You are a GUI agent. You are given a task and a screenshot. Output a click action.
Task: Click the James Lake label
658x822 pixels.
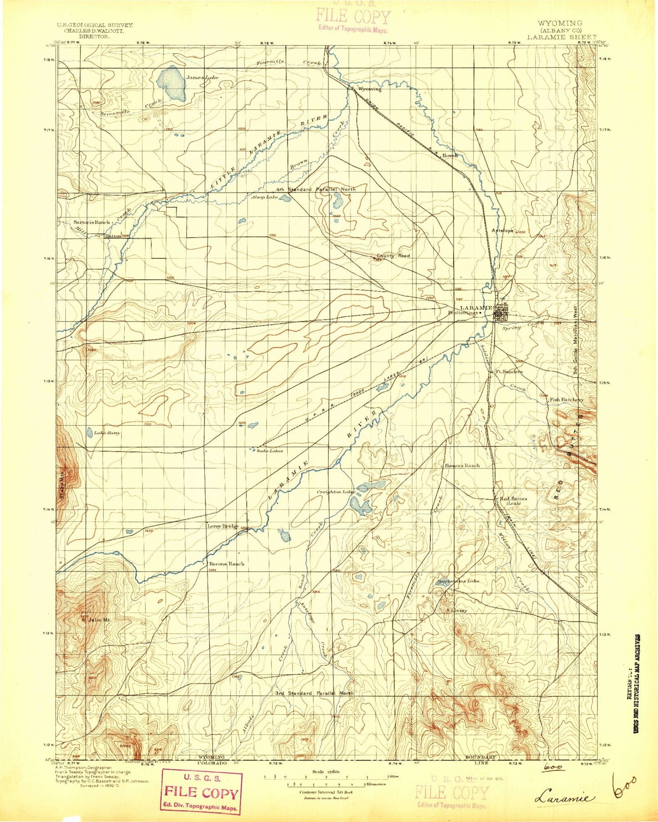[202, 78]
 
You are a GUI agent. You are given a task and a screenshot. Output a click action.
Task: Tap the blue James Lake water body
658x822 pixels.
[171, 83]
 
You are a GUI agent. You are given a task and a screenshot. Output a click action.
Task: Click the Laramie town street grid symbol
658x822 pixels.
[502, 312]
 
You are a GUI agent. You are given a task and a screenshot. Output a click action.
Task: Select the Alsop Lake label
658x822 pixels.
[265, 197]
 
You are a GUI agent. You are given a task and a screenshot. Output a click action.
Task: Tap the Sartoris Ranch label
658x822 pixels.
[92, 222]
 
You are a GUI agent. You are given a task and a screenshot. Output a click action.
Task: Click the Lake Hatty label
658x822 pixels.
[107, 433]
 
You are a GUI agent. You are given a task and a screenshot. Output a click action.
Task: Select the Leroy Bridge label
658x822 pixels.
[223, 526]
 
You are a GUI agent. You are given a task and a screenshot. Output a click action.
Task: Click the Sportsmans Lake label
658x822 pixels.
[458, 581]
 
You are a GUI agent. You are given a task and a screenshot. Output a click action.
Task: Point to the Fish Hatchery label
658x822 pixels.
[566, 400]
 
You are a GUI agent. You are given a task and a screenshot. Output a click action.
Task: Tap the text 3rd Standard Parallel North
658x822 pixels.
[314, 693]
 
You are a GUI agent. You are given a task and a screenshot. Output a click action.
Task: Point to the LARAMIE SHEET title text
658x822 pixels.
[561, 37]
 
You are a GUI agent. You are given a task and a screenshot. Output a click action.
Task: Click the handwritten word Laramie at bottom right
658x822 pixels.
[565, 798]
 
